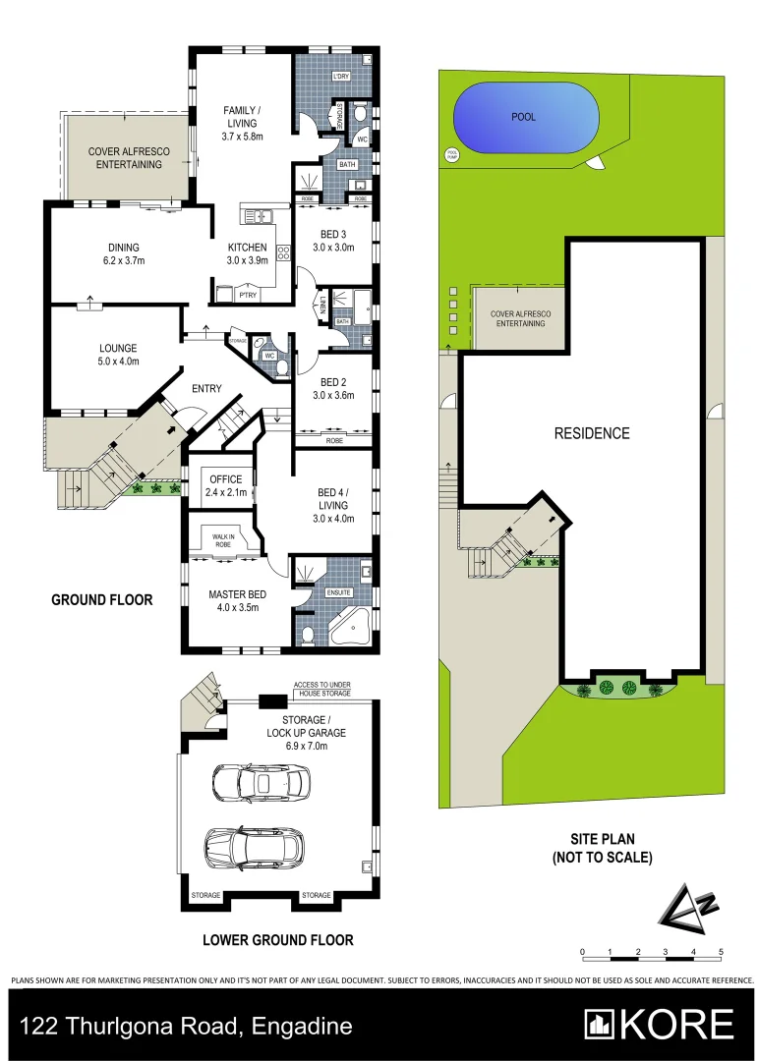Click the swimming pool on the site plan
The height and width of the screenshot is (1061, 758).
click(525, 117)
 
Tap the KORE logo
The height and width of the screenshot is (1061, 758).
click(659, 1025)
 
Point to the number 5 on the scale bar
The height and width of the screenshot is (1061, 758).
click(721, 952)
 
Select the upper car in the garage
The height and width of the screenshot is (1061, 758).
click(261, 783)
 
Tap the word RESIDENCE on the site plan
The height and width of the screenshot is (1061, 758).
click(591, 433)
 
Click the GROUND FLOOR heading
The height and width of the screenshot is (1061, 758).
click(102, 599)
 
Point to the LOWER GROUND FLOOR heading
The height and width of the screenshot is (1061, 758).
click(277, 940)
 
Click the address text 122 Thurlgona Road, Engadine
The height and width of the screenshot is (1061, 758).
click(187, 1027)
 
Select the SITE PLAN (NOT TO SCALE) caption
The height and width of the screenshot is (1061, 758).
click(602, 848)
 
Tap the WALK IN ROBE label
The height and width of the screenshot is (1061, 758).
click(222, 538)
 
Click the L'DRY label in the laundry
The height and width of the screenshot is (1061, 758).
click(341, 77)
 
